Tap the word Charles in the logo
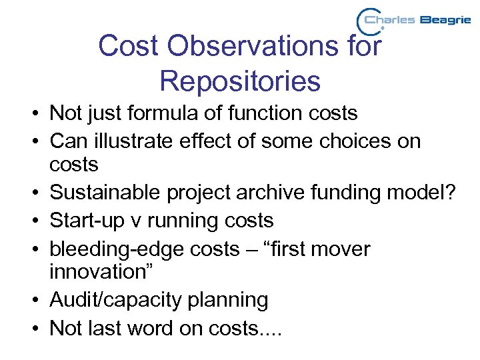pyautogui.click(x=390, y=20)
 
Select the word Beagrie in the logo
pyautogui.click(x=444, y=21)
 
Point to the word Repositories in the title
pyautogui.click(x=240, y=81)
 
